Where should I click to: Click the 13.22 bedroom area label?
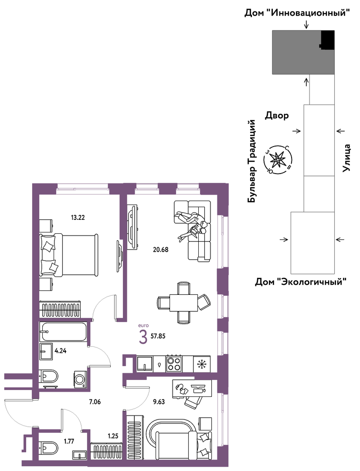coord(78,218)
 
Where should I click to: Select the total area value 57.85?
coord(158,336)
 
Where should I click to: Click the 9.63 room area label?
coord(159,402)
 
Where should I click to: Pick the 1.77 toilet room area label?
coord(69,441)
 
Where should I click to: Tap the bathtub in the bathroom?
coord(63,331)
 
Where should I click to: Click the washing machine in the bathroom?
coord(81,379)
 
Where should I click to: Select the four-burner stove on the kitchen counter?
coord(174,363)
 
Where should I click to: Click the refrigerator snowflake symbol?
coord(202,364)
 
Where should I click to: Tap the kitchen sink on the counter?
coord(145,364)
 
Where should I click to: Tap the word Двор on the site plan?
coord(276,115)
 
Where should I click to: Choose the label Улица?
coord(347,158)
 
